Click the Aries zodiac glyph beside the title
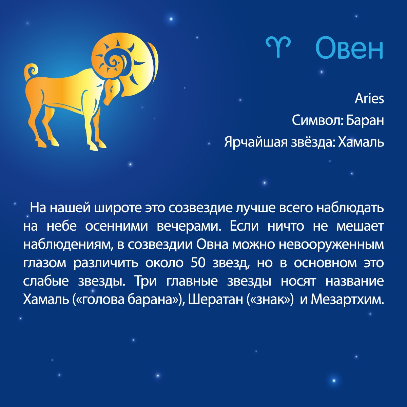point(278,46)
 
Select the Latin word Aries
point(369,99)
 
